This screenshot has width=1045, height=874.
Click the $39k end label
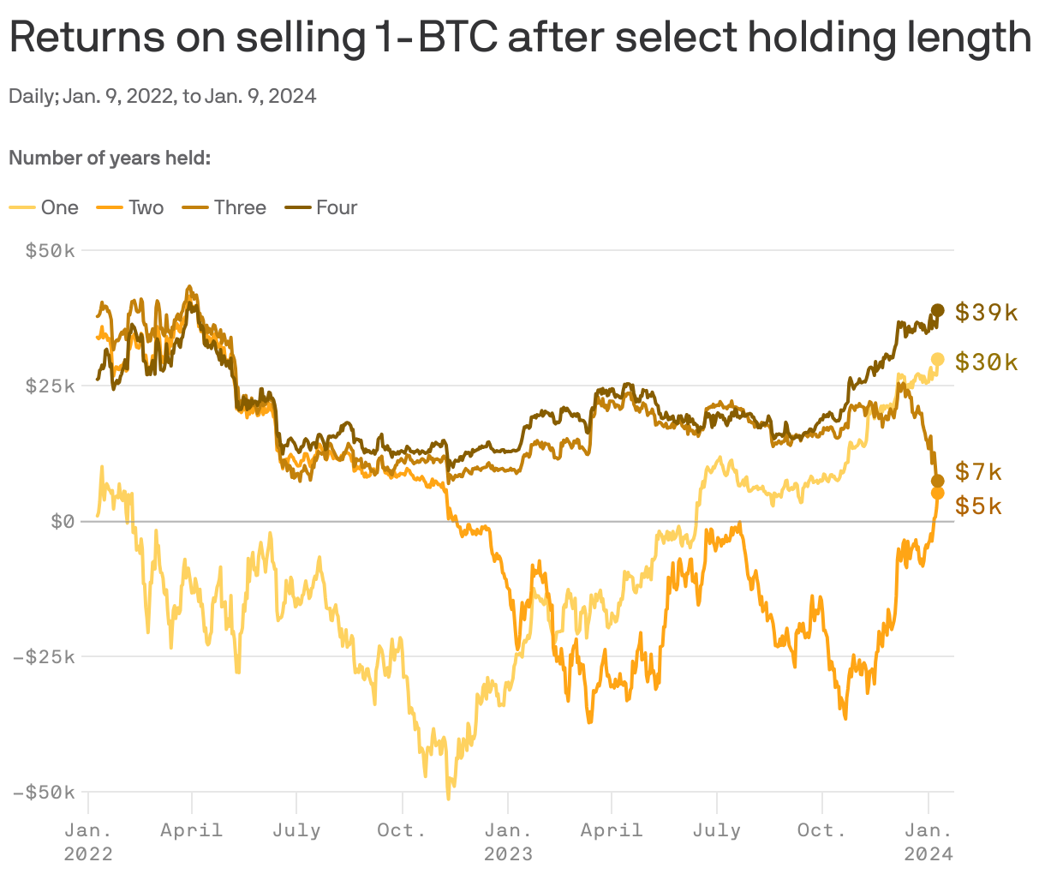tap(986, 312)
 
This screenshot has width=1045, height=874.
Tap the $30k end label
tap(986, 362)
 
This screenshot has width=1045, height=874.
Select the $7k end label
tap(978, 471)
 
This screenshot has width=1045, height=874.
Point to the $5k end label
tap(978, 506)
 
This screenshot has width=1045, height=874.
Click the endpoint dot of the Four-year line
tap(938, 310)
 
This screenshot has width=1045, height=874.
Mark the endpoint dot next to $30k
tap(938, 360)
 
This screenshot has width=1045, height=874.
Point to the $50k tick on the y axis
tap(51, 250)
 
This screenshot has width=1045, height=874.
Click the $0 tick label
tap(63, 521)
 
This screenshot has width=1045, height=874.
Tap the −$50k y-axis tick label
tap(45, 792)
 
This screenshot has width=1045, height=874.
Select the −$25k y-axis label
tap(45, 656)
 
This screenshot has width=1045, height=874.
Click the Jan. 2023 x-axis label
tap(508, 841)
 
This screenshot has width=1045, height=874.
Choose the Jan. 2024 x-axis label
tap(928, 841)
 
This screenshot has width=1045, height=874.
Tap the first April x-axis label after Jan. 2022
tap(192, 830)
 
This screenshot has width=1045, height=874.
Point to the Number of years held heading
tap(110, 159)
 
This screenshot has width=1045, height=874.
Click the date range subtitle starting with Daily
tap(162, 96)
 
